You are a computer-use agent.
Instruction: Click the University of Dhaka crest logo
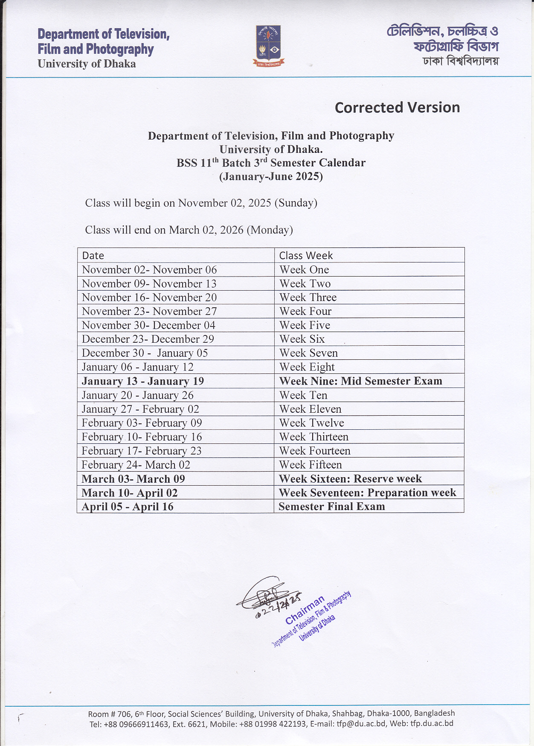(269, 46)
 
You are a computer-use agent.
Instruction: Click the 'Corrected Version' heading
(397, 108)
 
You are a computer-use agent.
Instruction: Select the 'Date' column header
(93, 256)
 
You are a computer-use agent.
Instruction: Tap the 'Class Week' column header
(306, 256)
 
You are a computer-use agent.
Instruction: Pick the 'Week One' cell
(304, 270)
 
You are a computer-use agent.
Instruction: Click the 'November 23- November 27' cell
(149, 312)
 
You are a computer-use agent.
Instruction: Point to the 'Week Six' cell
(302, 339)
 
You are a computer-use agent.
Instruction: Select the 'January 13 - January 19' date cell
(143, 381)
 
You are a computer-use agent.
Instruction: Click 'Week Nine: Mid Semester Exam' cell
(360, 381)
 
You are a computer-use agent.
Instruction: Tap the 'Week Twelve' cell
(311, 423)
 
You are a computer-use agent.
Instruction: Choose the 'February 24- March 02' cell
(136, 465)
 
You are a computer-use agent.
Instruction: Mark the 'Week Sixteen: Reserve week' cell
(350, 479)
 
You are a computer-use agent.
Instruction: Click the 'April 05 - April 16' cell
(128, 507)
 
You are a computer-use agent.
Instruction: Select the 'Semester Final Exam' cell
(331, 507)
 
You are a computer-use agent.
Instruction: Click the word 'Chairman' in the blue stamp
(305, 611)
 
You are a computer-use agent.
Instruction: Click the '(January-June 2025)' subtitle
(271, 177)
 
